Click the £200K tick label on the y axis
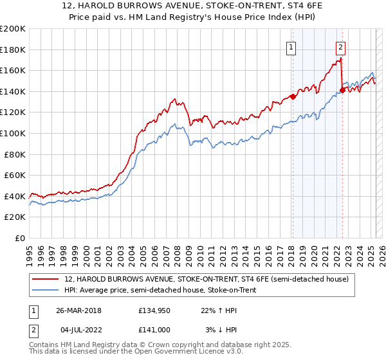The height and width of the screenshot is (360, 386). tap(13, 29)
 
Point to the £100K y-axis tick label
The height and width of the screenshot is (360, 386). tap(13, 133)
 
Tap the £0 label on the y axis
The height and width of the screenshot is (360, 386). tap(20, 238)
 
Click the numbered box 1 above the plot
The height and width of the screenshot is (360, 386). tap(291, 46)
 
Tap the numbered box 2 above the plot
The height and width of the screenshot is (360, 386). tap(340, 46)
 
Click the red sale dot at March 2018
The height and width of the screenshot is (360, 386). tap(293, 96)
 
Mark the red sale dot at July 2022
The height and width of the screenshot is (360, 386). tap(342, 90)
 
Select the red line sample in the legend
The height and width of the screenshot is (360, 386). tap(46, 280)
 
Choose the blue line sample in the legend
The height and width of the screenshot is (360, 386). tap(46, 291)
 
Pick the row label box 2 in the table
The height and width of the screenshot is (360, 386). tap(32, 330)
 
